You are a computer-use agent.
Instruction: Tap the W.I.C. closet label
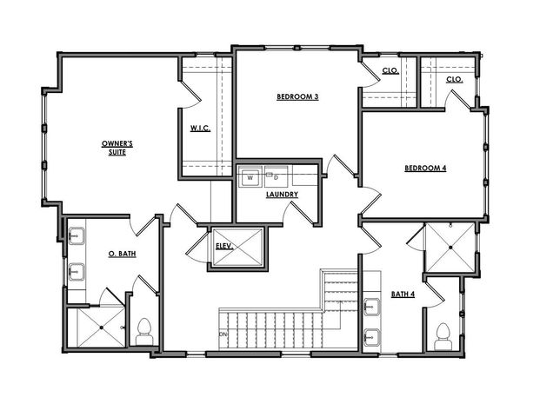pyautogui.click(x=201, y=130)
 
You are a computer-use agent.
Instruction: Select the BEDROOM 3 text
pyautogui.click(x=297, y=96)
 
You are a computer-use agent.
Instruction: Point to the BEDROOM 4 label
pyautogui.click(x=425, y=169)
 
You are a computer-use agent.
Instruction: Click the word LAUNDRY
pyautogui.click(x=283, y=195)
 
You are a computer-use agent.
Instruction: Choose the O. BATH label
pyautogui.click(x=121, y=253)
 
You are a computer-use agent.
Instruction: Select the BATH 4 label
pyautogui.click(x=403, y=295)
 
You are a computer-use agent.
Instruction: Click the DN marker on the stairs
pyautogui.click(x=223, y=334)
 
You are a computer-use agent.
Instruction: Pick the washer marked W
pyautogui.click(x=250, y=177)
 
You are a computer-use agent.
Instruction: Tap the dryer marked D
pyautogui.click(x=276, y=177)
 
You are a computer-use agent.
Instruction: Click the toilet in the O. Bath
pyautogui.click(x=144, y=331)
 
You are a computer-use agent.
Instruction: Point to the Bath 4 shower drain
pyautogui.click(x=450, y=246)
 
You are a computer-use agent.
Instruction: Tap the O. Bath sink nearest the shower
pyautogui.click(x=77, y=272)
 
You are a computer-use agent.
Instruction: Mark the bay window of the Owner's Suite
pyautogui.click(x=42, y=142)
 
